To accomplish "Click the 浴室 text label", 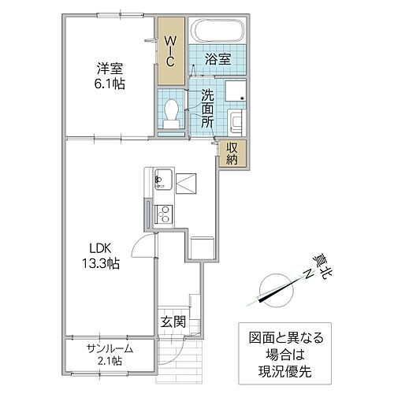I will coord(217,59).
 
